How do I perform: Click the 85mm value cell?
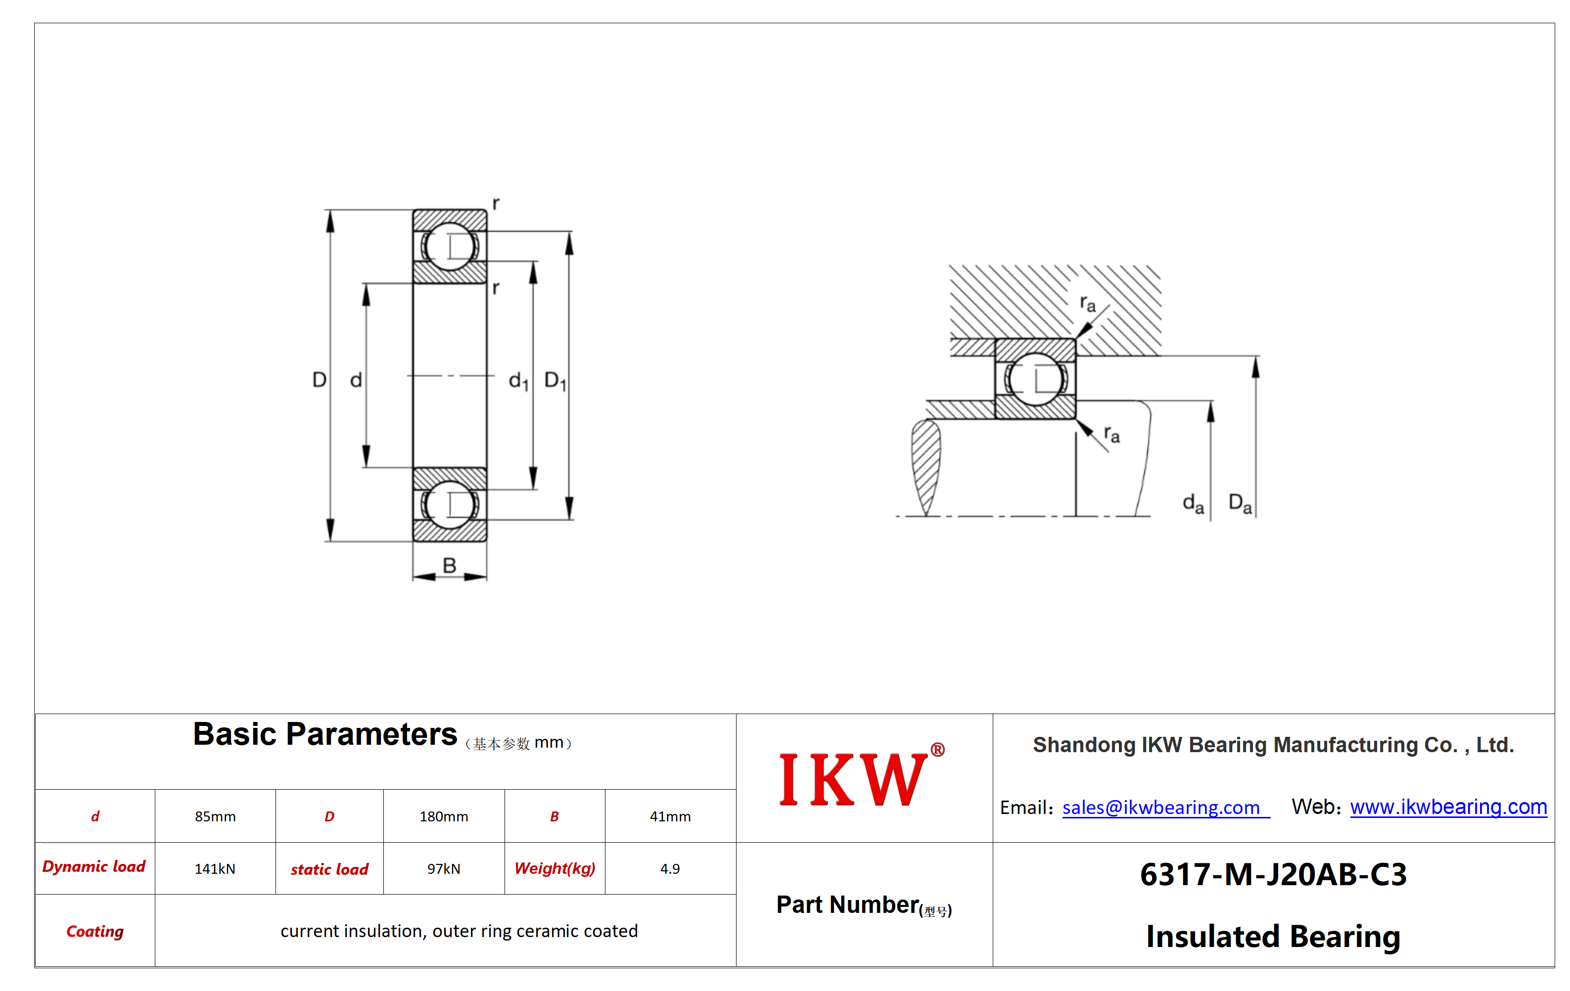[215, 816]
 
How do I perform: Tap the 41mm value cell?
[670, 816]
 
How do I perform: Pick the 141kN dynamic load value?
[215, 868]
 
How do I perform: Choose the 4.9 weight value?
[670, 868]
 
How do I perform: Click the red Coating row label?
[95, 931]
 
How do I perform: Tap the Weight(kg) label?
[555, 868]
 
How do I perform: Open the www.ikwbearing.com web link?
[1448, 807]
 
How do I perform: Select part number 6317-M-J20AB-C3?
[1273, 874]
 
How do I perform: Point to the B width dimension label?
[449, 565]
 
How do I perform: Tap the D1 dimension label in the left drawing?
[555, 380]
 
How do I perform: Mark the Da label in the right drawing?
[1240, 503]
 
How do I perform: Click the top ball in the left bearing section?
[449, 246]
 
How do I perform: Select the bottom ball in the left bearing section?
[449, 504]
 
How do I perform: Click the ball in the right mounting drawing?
[1035, 378]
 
